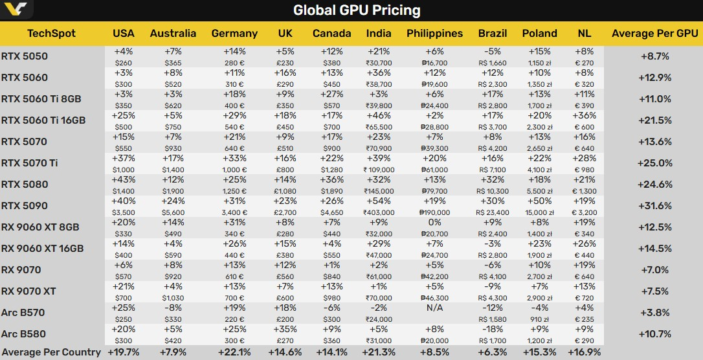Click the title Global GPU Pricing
[357, 10]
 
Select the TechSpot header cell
[52, 33]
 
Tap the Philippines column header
[435, 33]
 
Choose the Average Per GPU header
[654, 33]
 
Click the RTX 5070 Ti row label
[30, 163]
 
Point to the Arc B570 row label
[24, 312]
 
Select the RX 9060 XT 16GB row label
[42, 248]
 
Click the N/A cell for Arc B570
[434, 309]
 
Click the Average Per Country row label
[50, 352]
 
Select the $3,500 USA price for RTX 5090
[123, 212]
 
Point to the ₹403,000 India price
[378, 212]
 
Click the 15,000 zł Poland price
[539, 212]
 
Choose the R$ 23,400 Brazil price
[492, 212]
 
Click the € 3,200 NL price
[584, 212]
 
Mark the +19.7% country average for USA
[123, 352]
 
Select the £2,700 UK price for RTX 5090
[285, 212]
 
